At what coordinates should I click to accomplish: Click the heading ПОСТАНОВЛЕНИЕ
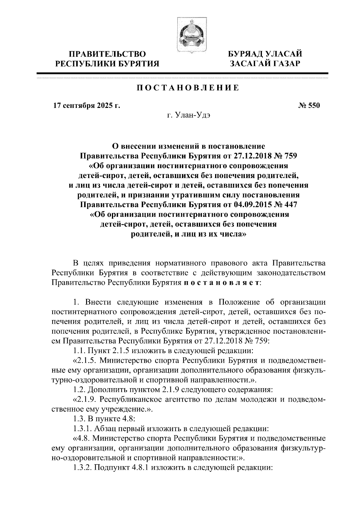coord(188,88)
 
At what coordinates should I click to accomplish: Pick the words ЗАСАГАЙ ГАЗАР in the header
coord(264,64)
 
